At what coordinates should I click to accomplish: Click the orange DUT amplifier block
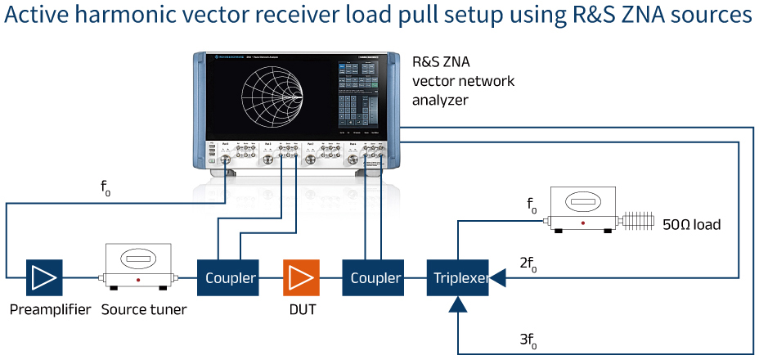301,278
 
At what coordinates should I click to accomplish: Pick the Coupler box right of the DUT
375,278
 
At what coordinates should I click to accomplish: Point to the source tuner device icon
137,267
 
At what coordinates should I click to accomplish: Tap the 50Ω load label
691,223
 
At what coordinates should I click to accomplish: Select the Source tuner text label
144,310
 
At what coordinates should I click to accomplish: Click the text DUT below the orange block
301,310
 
